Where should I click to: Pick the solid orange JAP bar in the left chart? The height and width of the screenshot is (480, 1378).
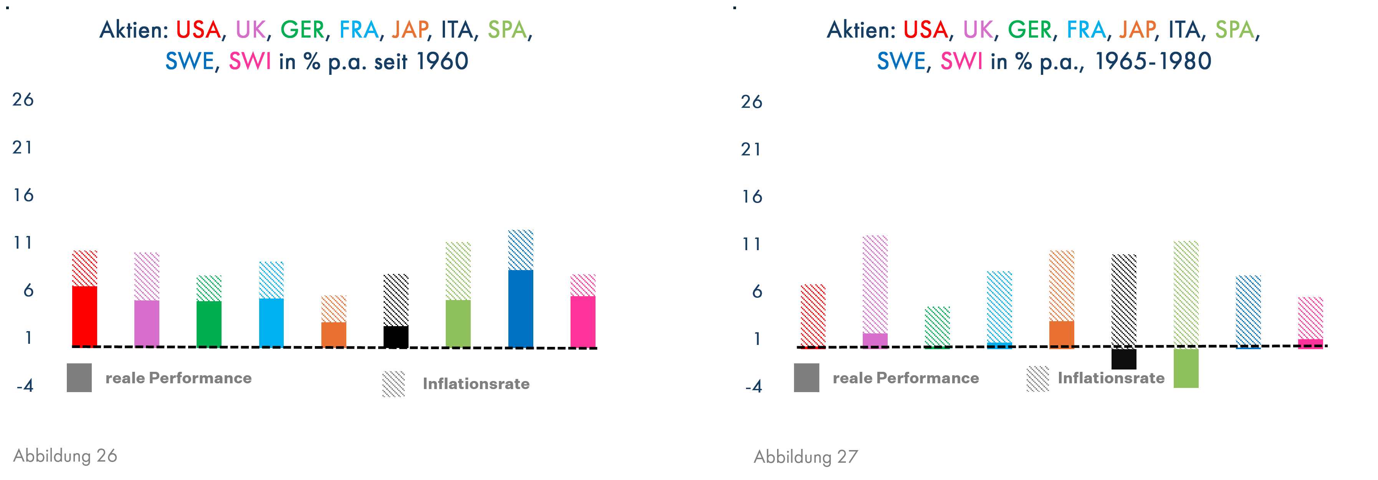(x=334, y=334)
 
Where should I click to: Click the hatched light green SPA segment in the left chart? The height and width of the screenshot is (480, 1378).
(x=458, y=271)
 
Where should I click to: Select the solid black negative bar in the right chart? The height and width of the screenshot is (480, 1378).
(x=1124, y=359)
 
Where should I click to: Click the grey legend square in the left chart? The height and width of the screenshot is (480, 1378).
(x=79, y=378)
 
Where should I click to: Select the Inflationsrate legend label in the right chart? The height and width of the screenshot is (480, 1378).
(x=1111, y=378)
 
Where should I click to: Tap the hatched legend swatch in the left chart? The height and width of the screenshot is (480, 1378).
(x=394, y=384)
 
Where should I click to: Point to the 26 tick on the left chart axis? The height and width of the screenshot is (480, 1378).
(x=23, y=99)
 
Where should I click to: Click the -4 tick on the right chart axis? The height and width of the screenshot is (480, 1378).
(x=753, y=386)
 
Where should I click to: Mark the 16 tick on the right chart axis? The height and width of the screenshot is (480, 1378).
(x=752, y=197)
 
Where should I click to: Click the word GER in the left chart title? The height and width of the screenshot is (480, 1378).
(x=302, y=30)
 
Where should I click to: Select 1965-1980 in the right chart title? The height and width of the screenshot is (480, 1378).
(x=1153, y=61)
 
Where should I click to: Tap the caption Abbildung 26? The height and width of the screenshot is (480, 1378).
(x=65, y=455)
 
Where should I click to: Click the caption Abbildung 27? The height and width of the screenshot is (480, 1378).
(x=806, y=457)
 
